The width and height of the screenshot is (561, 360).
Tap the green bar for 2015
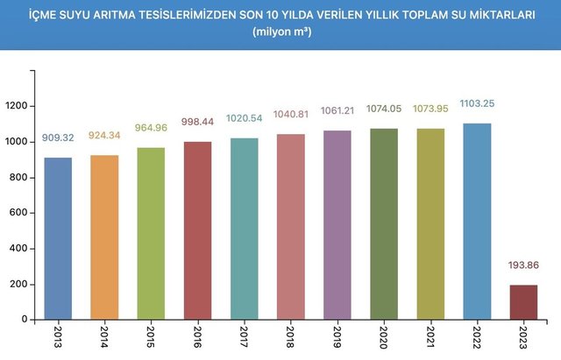tap(151, 233)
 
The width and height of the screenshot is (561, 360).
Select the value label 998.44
tap(197, 124)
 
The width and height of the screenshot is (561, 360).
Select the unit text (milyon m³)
tap(280, 32)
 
